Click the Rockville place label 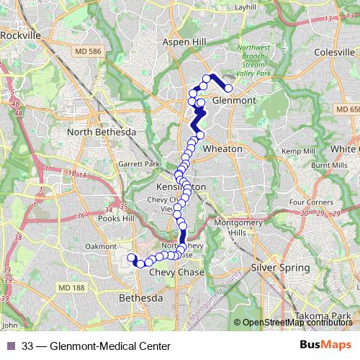pyautogui.click(x=23, y=34)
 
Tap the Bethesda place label pyautogui.click(x=161, y=297)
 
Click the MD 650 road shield pyautogui.click(x=347, y=108)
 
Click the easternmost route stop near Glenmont pyautogui.click(x=228, y=89)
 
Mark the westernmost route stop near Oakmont pyautogui.click(x=131, y=258)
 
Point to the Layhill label pyautogui.click(x=246, y=6)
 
